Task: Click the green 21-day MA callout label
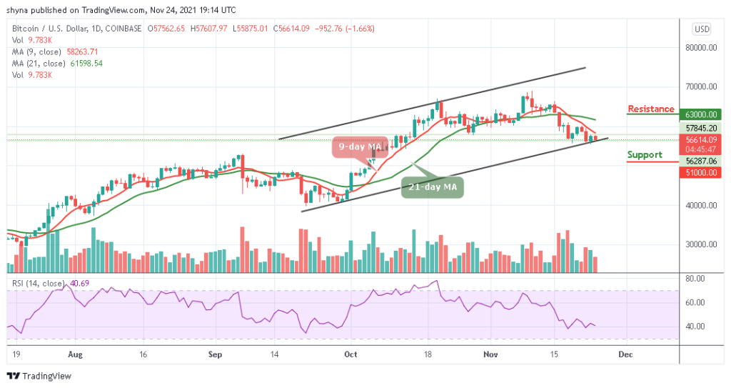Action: [433, 186]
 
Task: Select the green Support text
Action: [645, 154]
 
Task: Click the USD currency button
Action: [701, 29]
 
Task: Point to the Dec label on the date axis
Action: [625, 353]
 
